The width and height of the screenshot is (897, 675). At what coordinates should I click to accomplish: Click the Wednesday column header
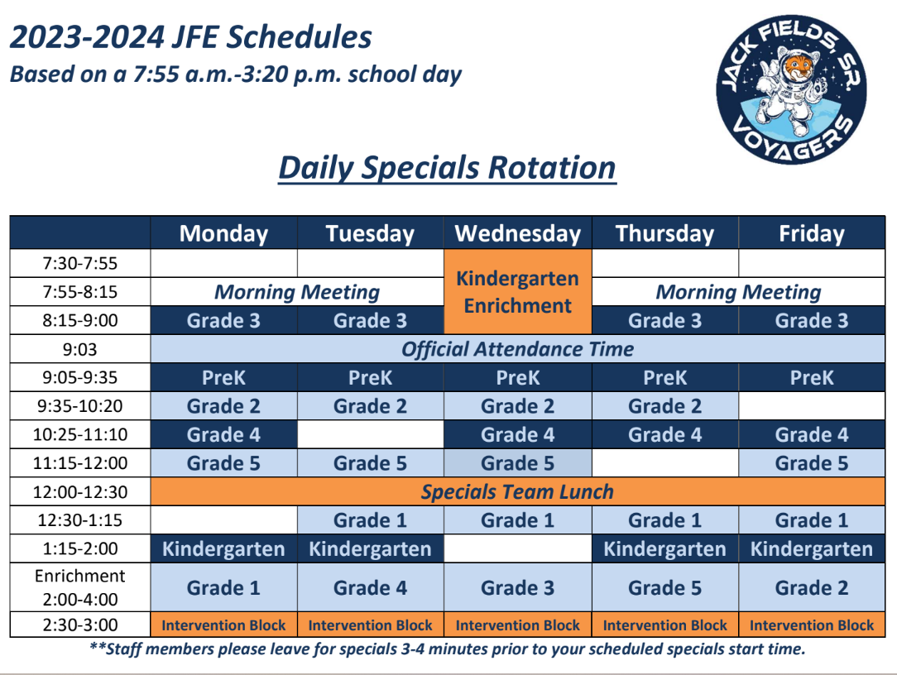click(518, 234)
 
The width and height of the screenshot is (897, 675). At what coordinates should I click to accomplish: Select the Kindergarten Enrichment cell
click(518, 292)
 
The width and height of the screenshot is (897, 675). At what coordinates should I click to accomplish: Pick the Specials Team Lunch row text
click(518, 492)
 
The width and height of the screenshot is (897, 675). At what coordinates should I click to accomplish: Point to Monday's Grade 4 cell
click(223, 435)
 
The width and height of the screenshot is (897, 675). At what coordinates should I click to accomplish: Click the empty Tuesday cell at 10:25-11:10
click(371, 435)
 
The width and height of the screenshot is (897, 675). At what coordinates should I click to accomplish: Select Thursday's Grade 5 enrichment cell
click(664, 588)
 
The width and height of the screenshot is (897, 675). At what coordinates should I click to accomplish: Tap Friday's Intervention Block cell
click(812, 625)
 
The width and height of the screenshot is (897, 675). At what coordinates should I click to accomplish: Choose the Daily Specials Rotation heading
click(447, 168)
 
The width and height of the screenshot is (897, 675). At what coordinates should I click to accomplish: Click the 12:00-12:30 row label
click(80, 492)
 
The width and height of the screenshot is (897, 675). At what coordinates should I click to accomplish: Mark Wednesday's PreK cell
click(518, 378)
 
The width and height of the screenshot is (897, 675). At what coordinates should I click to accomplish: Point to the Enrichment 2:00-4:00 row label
click(80, 587)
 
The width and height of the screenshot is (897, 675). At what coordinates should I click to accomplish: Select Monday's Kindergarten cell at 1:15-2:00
click(223, 549)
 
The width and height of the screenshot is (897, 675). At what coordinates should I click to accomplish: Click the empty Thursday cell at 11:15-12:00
click(664, 463)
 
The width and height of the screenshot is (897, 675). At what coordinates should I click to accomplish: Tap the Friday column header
click(812, 234)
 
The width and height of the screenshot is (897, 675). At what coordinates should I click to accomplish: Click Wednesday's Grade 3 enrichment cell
click(518, 588)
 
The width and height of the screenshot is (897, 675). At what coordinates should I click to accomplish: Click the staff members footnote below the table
click(447, 649)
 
